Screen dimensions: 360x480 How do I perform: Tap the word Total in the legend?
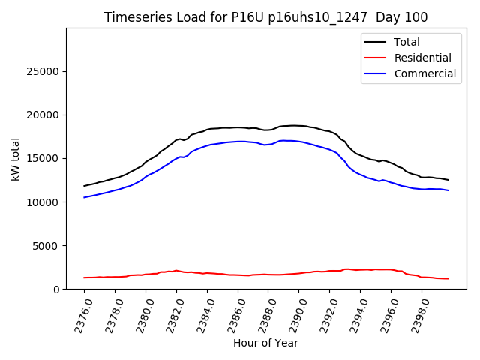(x=406, y=42)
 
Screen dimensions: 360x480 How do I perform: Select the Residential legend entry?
(x=422, y=58)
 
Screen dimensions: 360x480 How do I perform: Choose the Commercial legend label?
(x=424, y=73)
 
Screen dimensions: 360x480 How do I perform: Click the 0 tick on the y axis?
(x=56, y=289)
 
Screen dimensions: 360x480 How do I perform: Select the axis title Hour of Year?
(x=265, y=343)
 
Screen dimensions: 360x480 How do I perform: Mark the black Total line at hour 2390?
(x=298, y=126)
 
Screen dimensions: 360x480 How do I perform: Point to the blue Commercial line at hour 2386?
(x=238, y=141)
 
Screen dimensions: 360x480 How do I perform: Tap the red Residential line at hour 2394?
(x=360, y=269)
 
